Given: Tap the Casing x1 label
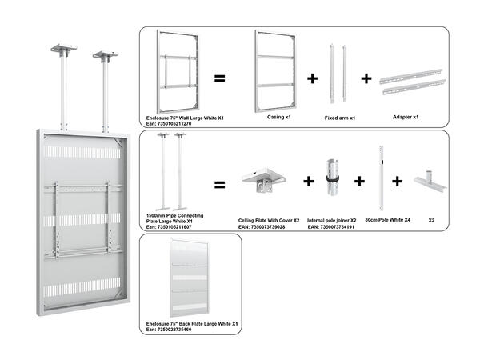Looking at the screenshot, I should [x=278, y=117].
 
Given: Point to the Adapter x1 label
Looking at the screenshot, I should [x=406, y=117].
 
